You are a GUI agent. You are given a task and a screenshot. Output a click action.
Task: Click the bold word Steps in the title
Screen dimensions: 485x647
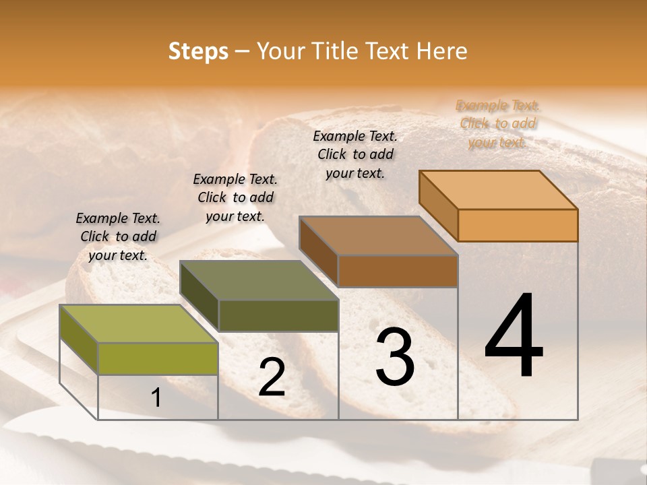tap(198, 51)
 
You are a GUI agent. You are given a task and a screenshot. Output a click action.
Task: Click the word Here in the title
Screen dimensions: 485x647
tap(441, 51)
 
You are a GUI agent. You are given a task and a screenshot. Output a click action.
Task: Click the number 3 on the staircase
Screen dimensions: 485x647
tap(395, 357)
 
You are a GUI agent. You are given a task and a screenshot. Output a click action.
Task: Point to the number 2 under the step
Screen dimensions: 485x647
tap(272, 377)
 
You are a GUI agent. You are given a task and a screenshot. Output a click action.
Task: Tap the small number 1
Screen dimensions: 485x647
tap(156, 398)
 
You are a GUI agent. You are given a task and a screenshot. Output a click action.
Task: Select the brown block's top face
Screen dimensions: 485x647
tap(379, 236)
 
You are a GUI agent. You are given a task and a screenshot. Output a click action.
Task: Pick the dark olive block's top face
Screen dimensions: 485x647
tap(259, 280)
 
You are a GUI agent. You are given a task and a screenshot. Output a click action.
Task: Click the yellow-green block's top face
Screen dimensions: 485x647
tap(139, 324)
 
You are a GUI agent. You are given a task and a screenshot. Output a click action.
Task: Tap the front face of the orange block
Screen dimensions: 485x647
tap(518, 225)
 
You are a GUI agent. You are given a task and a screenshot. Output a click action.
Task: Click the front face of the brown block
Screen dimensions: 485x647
tap(398, 271)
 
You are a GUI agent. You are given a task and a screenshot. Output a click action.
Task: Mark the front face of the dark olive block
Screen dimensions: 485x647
tap(278, 315)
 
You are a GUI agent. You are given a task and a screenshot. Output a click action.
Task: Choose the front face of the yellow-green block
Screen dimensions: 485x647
tap(158, 358)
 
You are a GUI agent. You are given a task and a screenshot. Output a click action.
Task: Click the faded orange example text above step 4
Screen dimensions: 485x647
tap(497, 124)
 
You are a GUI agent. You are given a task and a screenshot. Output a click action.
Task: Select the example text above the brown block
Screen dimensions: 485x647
tap(355, 154)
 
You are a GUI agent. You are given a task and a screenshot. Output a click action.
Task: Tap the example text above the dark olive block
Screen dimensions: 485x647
tap(235, 197)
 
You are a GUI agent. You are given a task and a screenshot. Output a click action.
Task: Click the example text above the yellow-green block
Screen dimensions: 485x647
tap(118, 236)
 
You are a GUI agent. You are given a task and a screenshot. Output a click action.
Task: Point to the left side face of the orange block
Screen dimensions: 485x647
tap(438, 205)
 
